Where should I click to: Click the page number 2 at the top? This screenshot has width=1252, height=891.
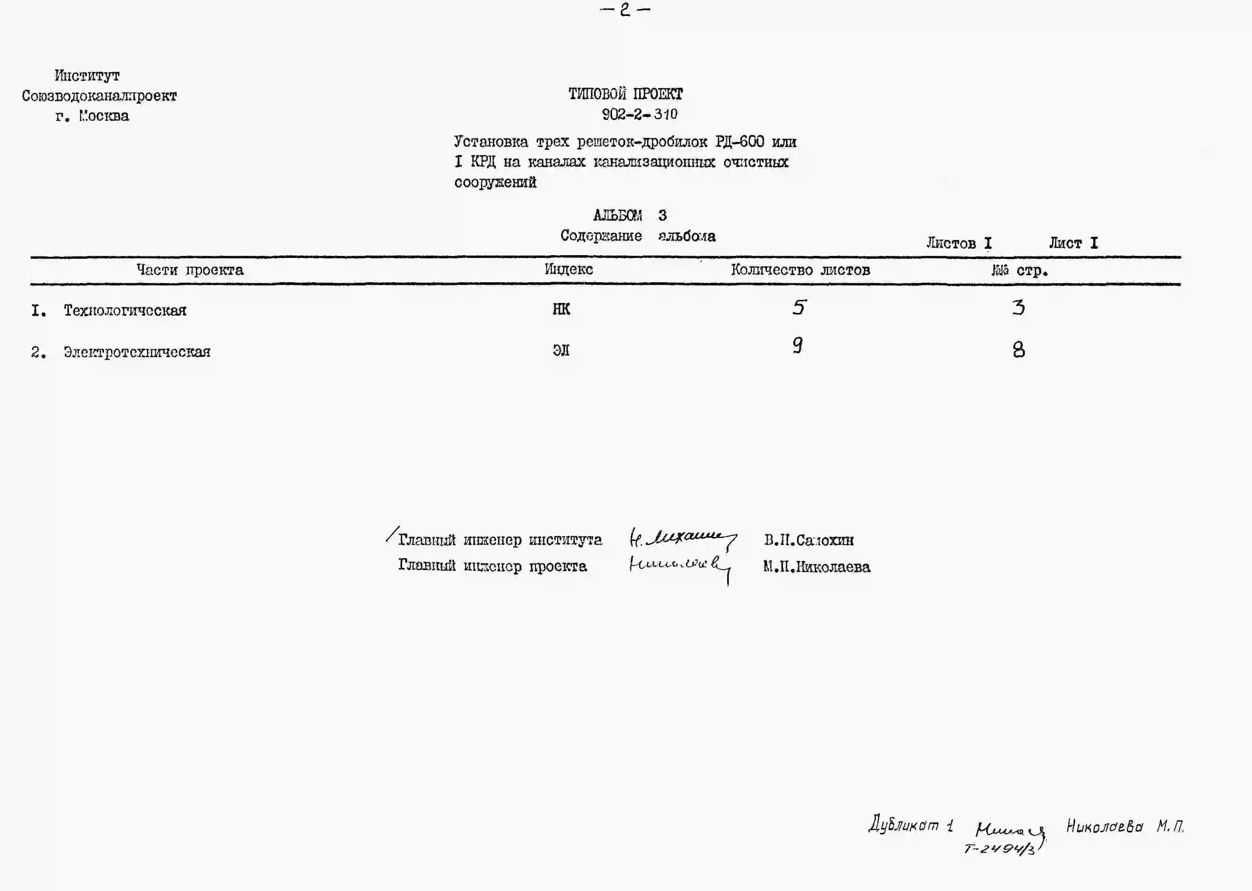625,10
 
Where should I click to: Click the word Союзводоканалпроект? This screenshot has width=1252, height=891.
99,96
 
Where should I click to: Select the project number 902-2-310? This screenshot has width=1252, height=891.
640,114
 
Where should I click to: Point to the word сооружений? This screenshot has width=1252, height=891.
495,182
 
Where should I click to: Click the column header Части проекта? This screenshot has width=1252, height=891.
190,270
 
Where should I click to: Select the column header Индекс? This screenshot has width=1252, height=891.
569,269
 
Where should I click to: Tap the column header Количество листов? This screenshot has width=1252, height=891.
800,270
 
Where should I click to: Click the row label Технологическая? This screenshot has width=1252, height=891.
125,311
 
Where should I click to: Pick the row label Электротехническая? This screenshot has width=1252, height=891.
137,352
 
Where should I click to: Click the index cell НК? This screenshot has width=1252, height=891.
561,309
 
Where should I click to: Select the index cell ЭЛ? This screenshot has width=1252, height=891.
561,350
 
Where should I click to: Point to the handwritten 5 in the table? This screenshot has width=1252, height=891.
799,307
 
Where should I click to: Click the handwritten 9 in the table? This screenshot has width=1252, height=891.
798,345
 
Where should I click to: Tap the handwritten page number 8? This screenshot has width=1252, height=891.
1018,350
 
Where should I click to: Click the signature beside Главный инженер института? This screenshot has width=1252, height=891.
683,539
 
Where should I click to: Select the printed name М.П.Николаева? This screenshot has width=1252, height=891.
816,567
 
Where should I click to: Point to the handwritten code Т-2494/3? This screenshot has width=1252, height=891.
999,849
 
